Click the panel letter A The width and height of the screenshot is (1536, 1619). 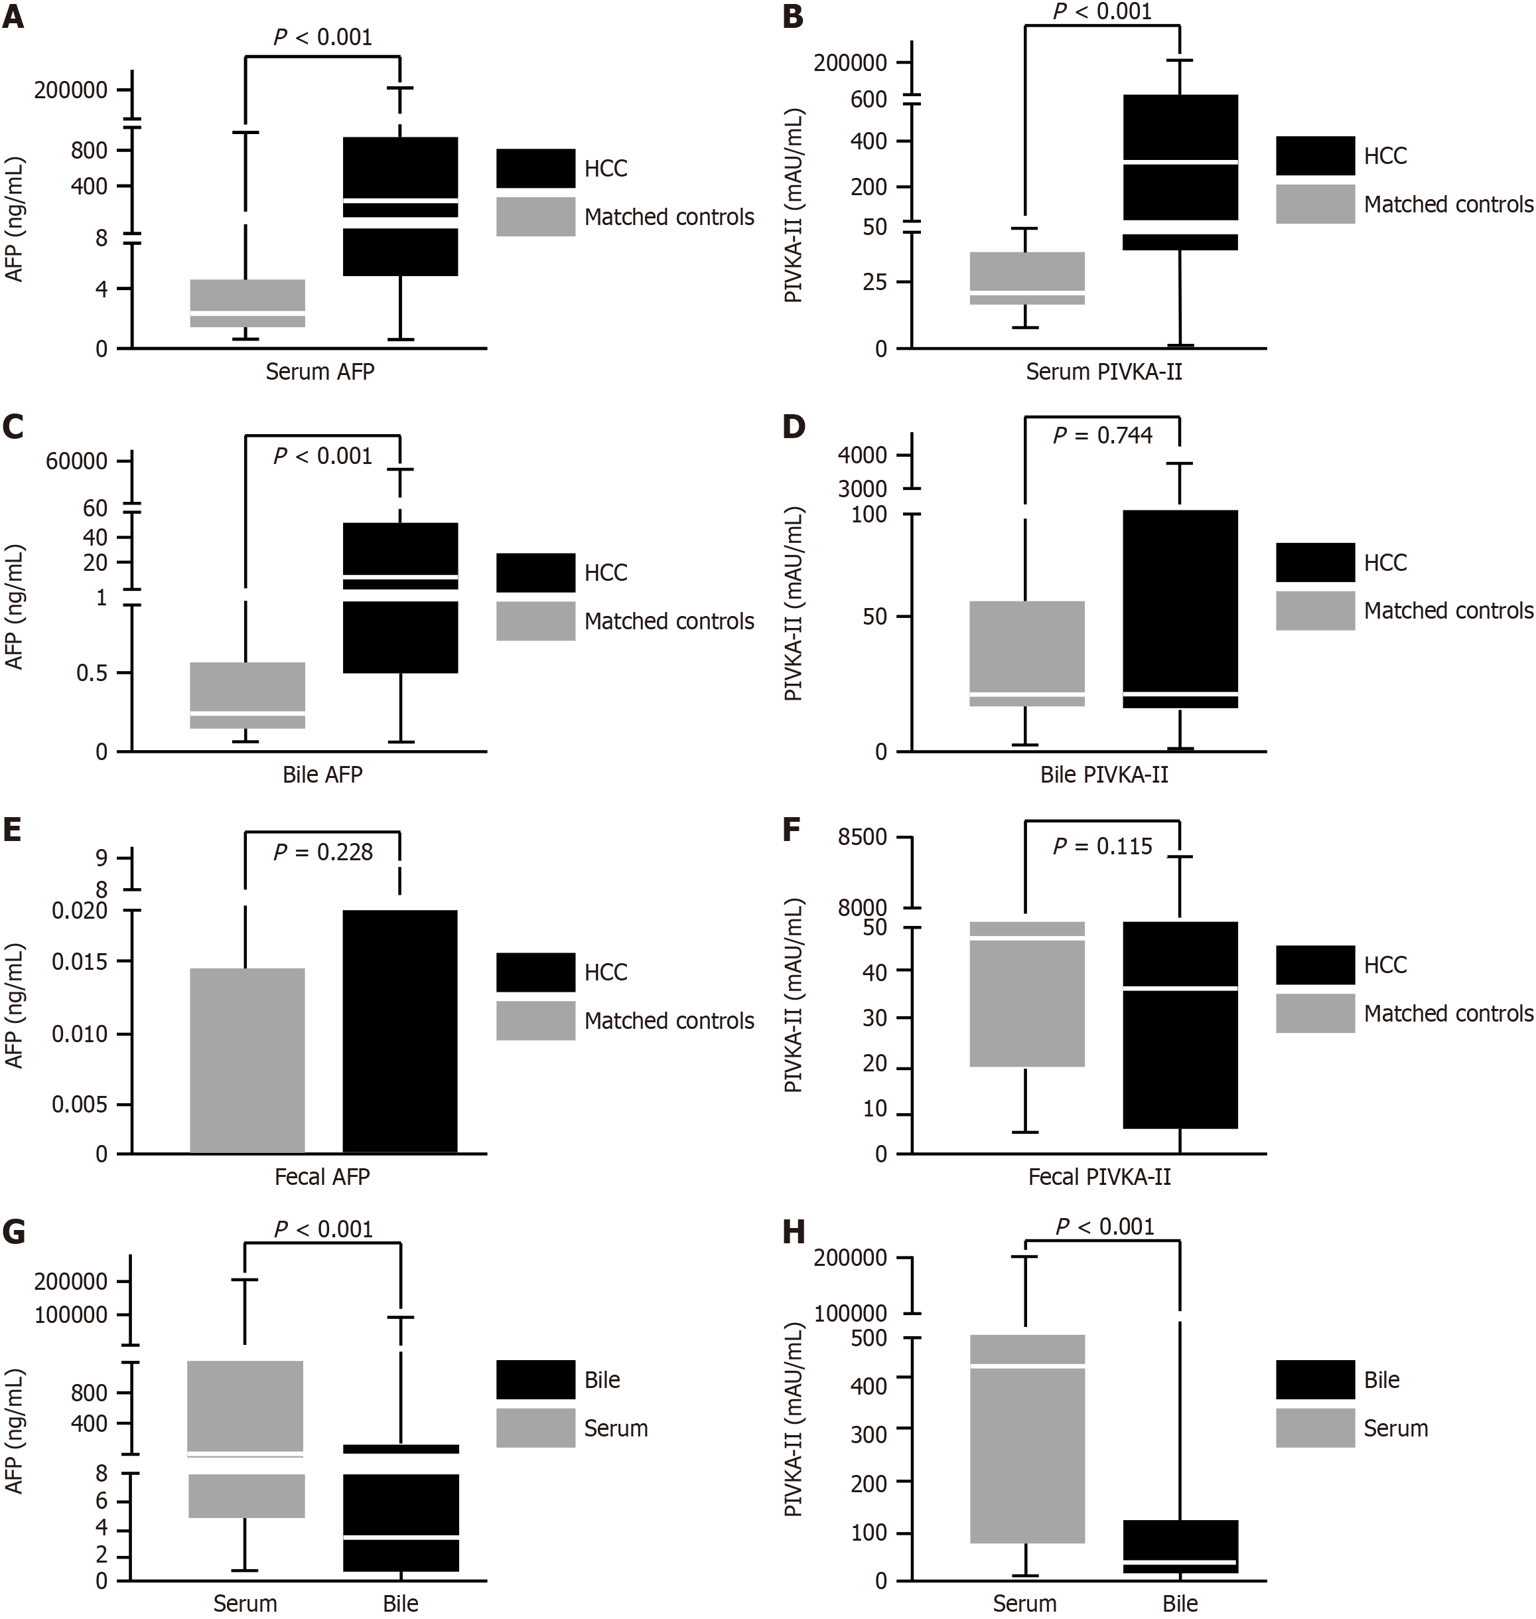[x=13, y=17]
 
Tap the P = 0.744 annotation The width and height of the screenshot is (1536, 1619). [x=1102, y=435]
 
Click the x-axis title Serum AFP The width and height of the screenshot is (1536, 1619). [x=320, y=372]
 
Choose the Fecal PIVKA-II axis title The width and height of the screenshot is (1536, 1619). [x=1099, y=1177]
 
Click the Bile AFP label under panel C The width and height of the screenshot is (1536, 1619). [x=322, y=774]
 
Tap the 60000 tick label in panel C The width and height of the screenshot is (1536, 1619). [x=76, y=461]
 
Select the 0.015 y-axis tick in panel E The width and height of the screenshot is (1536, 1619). [x=80, y=961]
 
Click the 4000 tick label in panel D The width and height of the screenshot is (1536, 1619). [x=862, y=455]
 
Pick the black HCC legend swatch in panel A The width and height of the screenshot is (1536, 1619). [x=535, y=169]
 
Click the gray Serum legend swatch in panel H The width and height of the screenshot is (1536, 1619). [x=1315, y=1428]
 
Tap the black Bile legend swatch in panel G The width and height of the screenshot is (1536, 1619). [x=535, y=1380]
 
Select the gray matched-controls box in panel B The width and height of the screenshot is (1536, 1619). [x=1026, y=278]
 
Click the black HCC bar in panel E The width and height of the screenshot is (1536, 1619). [x=399, y=1031]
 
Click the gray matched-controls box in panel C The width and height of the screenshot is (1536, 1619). [x=247, y=694]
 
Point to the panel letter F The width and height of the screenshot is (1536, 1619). [x=791, y=830]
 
